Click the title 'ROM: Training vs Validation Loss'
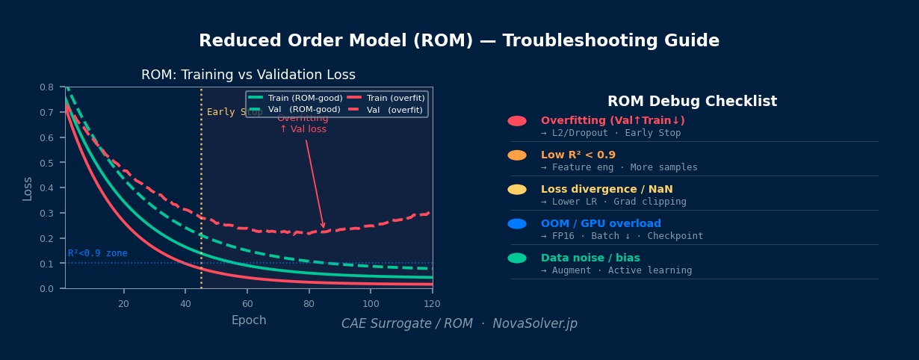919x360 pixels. pos(248,75)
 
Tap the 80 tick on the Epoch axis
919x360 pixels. pos(309,304)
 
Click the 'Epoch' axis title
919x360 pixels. pos(249,320)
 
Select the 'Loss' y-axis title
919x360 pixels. pos(28,188)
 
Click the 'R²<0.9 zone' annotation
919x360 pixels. pos(97,253)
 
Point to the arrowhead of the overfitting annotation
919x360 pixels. pos(324,227)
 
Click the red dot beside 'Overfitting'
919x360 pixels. pos(517,121)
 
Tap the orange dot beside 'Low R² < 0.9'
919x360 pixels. pos(517,155)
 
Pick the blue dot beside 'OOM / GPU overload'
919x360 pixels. pos(517,224)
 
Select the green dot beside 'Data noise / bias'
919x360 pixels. pos(517,258)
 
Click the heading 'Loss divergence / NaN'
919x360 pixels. pos(607,190)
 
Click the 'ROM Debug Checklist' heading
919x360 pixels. pos(692,102)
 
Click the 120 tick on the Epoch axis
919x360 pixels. pos(432,304)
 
